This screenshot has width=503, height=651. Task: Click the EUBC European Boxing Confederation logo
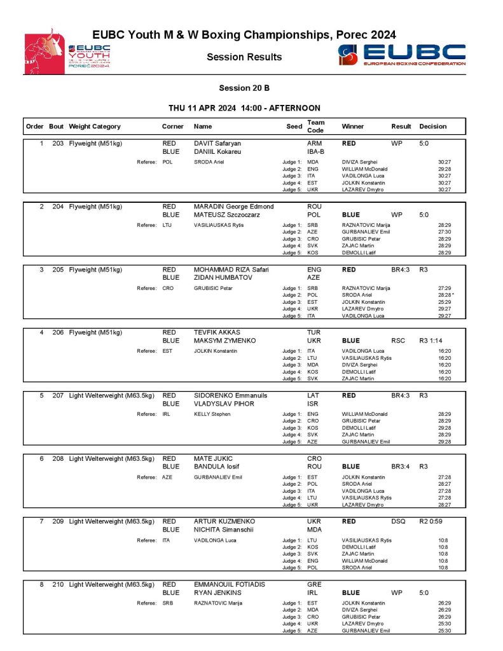pos(402,55)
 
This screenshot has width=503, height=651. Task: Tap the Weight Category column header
pos(95,127)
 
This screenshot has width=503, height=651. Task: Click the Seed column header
pos(294,127)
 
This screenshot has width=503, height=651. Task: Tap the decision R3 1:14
pos(433,341)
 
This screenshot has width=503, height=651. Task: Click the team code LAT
pos(314,395)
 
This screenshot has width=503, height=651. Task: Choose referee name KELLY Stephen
pos(212,414)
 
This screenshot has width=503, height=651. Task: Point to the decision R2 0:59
pos(433,521)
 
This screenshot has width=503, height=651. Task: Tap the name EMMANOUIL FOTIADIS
pos(229,584)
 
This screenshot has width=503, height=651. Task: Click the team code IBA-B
pos(316,152)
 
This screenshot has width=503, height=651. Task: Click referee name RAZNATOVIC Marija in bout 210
pos(218,603)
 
